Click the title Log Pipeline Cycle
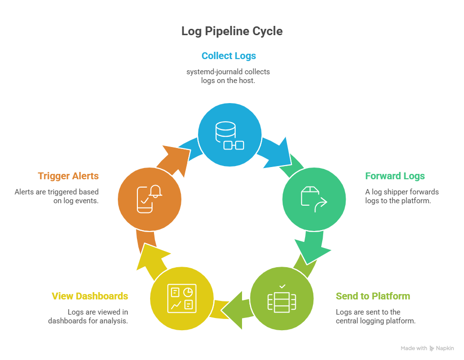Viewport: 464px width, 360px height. [x=232, y=31]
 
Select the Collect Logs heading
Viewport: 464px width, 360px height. [x=228, y=56]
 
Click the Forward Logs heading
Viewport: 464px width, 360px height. [x=395, y=176]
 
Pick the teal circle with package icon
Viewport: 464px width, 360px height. [x=314, y=199]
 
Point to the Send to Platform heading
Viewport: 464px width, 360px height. [x=373, y=296]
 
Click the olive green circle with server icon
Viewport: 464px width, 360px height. [x=282, y=298]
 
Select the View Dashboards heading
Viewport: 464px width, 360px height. [x=90, y=296]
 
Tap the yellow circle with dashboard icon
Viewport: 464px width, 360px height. [x=181, y=298]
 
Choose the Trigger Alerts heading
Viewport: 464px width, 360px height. [x=68, y=176]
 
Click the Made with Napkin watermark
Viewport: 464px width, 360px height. [x=427, y=348]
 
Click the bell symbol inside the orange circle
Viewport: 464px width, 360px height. [x=155, y=191]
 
